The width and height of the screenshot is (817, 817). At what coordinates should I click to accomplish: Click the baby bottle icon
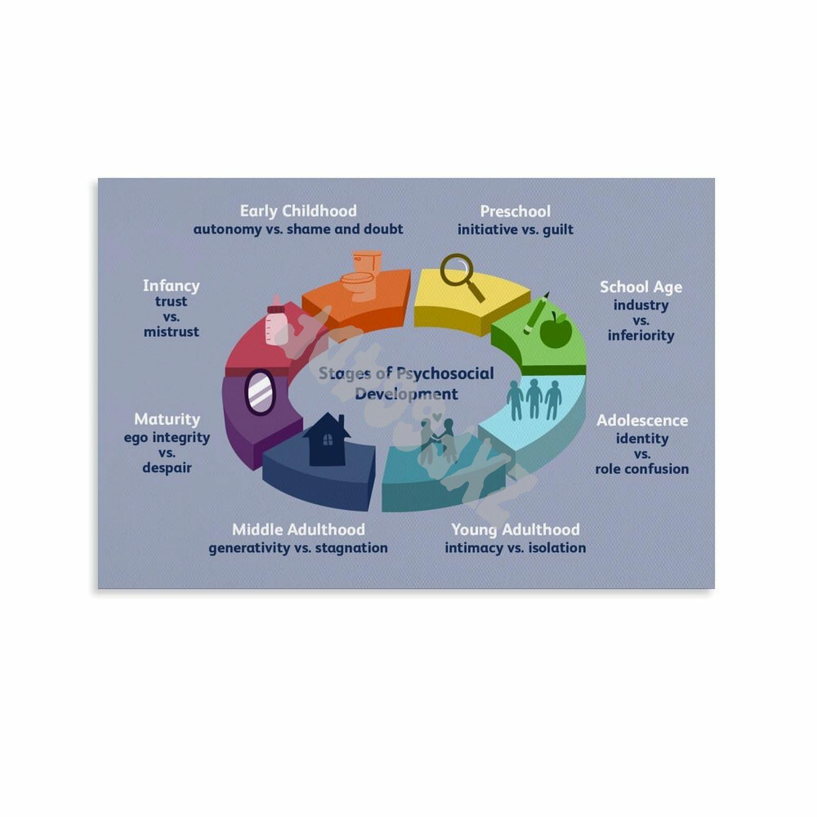pyautogui.click(x=275, y=321)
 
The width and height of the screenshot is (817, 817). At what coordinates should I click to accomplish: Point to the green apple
pyautogui.click(x=556, y=330)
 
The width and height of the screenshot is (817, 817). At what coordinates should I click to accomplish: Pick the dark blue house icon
pyautogui.click(x=327, y=440)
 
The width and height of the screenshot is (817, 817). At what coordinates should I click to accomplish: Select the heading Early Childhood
pyautogui.click(x=298, y=211)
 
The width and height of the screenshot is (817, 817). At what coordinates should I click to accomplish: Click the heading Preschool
pyautogui.click(x=515, y=211)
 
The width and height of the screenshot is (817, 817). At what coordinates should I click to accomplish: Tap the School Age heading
pyautogui.click(x=641, y=287)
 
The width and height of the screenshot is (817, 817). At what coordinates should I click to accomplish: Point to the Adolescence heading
pyautogui.click(x=642, y=421)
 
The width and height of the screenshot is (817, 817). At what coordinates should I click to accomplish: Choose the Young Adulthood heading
pyautogui.click(x=515, y=530)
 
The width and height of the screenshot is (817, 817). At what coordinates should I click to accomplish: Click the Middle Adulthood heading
pyautogui.click(x=298, y=530)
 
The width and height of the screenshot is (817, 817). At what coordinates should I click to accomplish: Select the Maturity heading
pyautogui.click(x=167, y=419)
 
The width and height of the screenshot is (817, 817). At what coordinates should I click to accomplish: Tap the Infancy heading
pyautogui.click(x=171, y=285)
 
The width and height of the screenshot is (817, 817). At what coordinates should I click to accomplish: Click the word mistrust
pyautogui.click(x=171, y=332)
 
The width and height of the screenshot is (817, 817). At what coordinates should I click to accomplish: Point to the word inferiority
pyautogui.click(x=641, y=335)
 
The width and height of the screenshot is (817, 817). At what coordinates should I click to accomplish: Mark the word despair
pyautogui.click(x=167, y=468)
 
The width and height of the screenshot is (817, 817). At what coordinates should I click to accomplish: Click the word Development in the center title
pyautogui.click(x=406, y=394)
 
